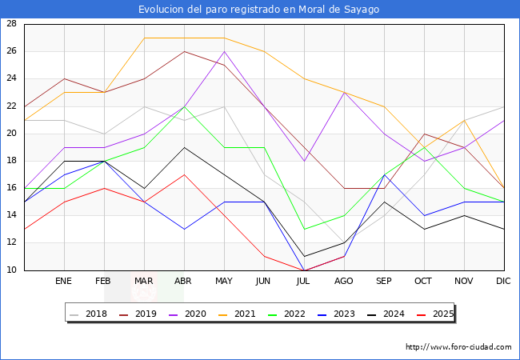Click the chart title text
[x=259, y=10]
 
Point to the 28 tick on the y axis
[x=12, y=24]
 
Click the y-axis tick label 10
[x=12, y=270]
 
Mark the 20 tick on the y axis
[x=12, y=134]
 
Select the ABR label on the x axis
[x=184, y=282]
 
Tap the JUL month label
[x=304, y=282]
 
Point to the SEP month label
[x=384, y=282]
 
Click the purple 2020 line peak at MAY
[x=224, y=51]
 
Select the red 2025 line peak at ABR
[x=184, y=174]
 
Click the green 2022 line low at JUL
[x=304, y=230]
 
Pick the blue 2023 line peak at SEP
[x=384, y=174]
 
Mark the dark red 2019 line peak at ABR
[x=184, y=51]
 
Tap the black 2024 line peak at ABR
[x=184, y=147]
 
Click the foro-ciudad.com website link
[x=458, y=347]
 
